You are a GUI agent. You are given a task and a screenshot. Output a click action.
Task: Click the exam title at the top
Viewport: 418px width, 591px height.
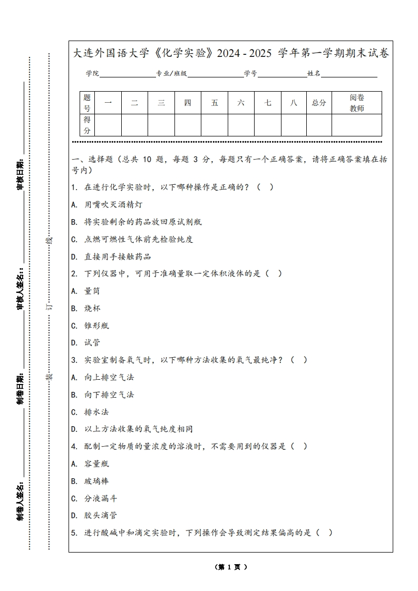(231, 53)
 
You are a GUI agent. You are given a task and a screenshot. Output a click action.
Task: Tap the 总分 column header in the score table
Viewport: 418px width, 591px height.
(319, 103)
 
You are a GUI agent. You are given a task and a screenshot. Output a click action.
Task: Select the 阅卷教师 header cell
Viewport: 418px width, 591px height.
(357, 103)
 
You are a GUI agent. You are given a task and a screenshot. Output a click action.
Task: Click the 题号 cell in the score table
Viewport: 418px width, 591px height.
(87, 103)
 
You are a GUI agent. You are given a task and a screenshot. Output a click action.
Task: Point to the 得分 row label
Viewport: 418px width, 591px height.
(87, 125)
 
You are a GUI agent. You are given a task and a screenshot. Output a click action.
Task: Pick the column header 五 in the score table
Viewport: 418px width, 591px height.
(215, 103)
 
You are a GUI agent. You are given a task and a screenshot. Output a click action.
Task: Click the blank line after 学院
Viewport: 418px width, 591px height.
(127, 74)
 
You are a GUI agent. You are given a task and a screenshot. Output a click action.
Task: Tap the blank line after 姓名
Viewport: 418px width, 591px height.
(349, 74)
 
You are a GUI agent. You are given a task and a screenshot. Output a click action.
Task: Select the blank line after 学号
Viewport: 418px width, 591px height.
(282, 74)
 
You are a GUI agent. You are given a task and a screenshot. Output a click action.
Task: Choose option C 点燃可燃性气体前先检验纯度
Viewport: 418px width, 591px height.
(132, 239)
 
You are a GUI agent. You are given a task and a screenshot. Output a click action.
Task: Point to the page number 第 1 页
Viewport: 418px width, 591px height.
(231, 567)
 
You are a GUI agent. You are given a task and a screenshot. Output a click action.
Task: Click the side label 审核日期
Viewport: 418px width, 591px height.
(20, 174)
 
